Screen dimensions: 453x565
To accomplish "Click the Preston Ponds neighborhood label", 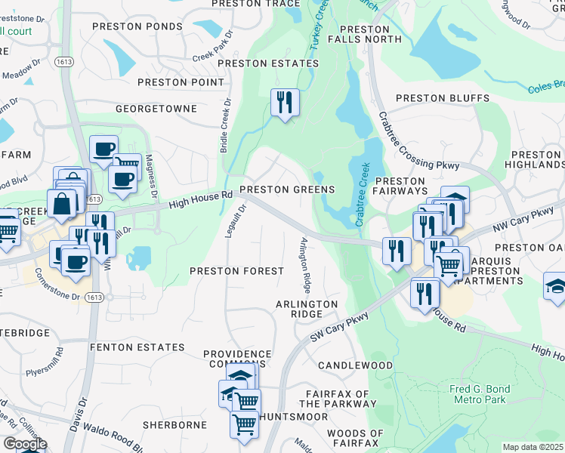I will (137, 26).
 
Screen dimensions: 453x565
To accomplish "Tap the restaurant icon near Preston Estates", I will (285, 103).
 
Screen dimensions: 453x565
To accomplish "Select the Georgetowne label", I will (156, 109).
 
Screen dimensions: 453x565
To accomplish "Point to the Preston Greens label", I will (287, 190).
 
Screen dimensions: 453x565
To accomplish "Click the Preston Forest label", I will (236, 270).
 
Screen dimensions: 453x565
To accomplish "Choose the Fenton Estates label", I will (137, 347).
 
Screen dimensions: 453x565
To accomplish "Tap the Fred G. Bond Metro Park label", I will (480, 393).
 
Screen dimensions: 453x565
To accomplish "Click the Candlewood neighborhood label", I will (355, 365).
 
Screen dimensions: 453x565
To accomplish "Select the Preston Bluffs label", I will (443, 98).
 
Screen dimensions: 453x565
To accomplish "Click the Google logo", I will (24, 444).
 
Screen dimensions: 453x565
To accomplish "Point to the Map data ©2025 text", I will (533, 447).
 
